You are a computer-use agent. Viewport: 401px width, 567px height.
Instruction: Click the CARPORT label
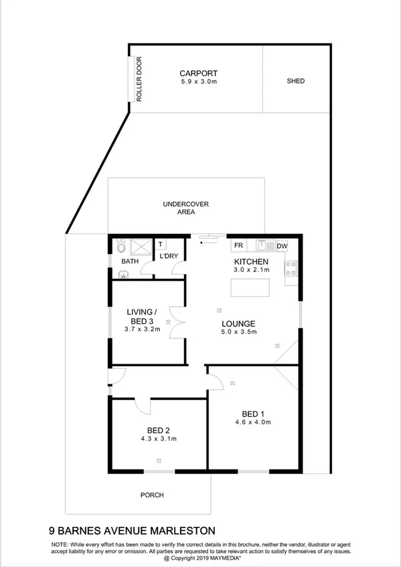click(x=199, y=74)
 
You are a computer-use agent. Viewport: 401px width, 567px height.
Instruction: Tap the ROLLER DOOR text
click(x=140, y=79)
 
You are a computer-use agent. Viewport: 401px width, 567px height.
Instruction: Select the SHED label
click(x=295, y=81)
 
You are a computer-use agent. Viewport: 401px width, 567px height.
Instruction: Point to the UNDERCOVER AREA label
click(x=186, y=207)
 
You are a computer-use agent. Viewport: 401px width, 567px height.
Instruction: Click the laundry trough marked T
click(x=161, y=244)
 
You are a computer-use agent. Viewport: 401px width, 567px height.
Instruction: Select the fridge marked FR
click(x=238, y=245)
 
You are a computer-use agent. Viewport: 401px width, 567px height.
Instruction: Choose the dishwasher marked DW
click(x=282, y=246)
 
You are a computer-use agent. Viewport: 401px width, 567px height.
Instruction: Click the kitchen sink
click(x=264, y=245)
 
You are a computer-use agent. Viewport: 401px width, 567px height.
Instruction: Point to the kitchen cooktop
click(x=292, y=268)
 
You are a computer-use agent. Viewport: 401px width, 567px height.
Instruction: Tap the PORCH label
click(x=152, y=495)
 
